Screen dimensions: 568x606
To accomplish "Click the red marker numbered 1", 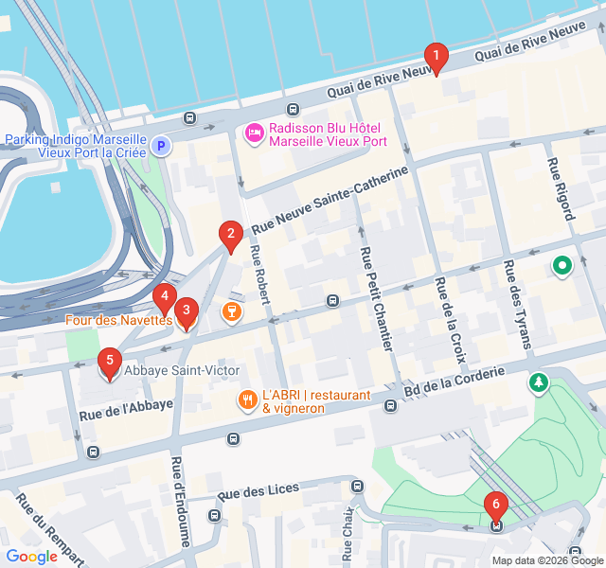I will click(436, 59).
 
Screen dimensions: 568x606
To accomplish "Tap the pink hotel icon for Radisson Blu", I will click(254, 133).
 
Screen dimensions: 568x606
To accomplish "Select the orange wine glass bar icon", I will click(230, 310).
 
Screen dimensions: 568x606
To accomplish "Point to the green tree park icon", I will click(539, 382).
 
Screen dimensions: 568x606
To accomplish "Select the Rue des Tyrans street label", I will click(518, 304).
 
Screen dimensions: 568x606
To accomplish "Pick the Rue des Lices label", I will click(258, 491).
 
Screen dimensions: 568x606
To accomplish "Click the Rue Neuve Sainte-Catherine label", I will click(330, 202).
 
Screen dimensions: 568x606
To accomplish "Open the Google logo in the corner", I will click(32, 557).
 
